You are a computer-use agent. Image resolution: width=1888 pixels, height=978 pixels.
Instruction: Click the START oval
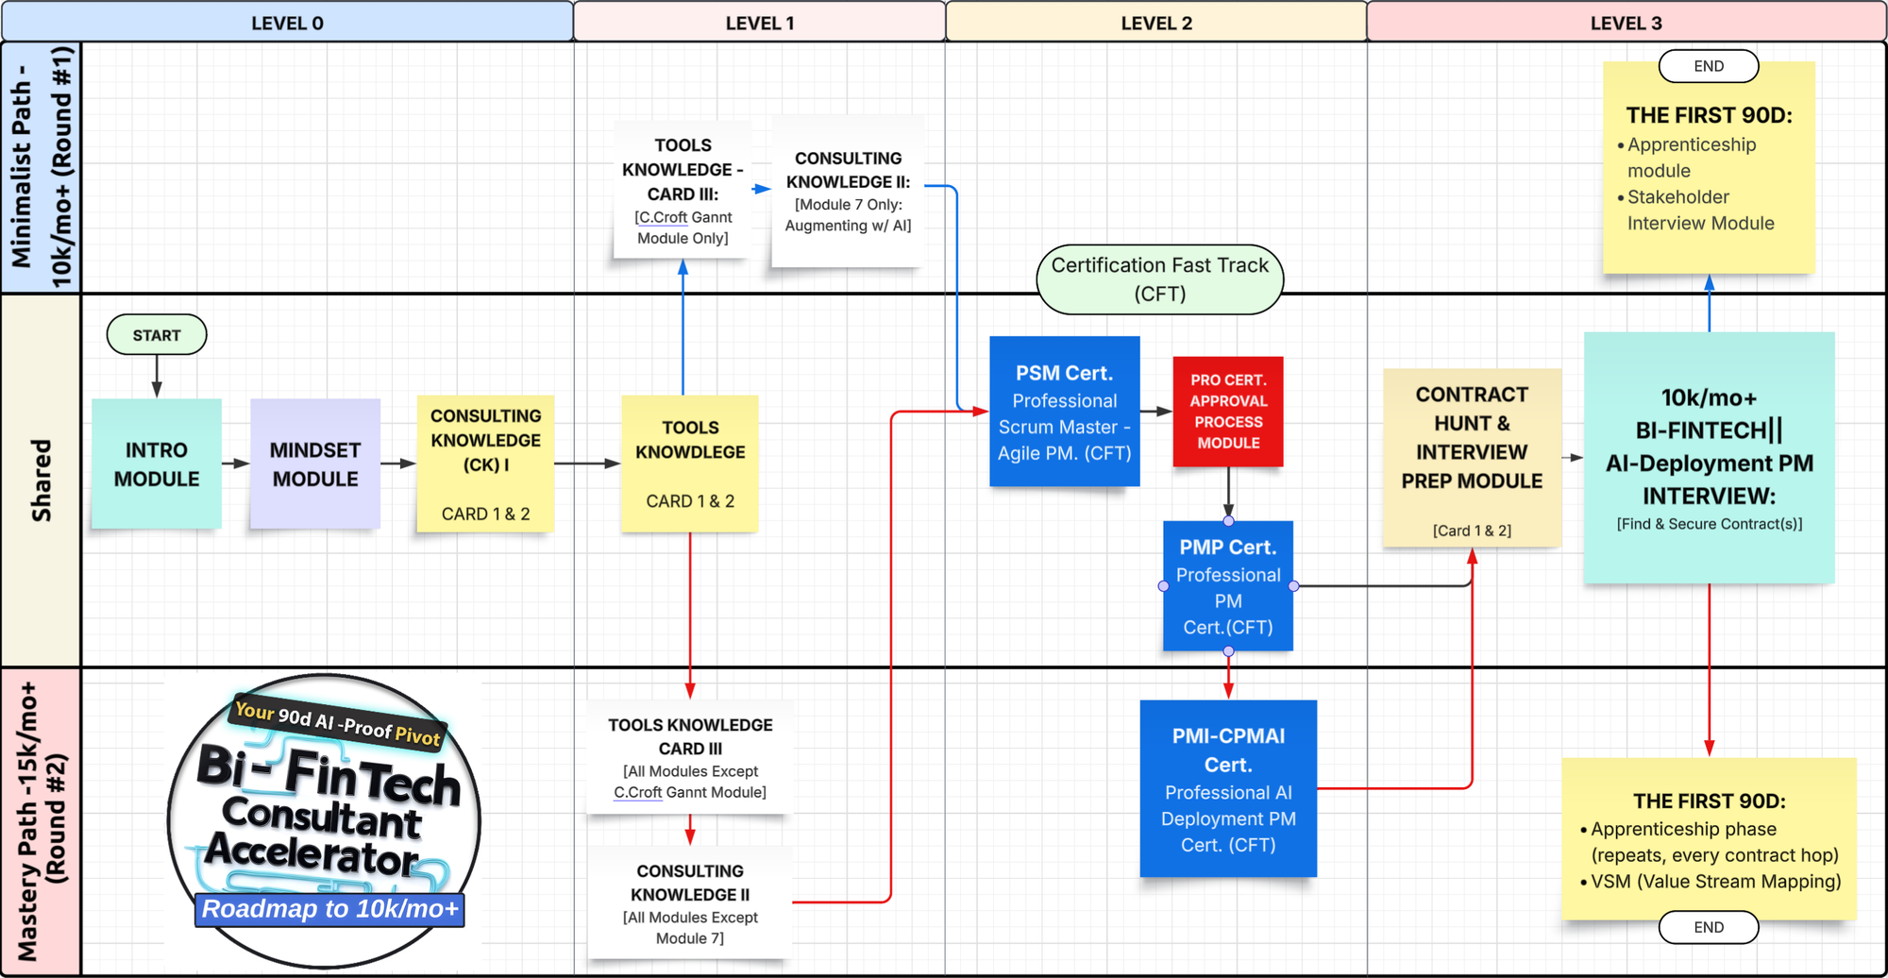(x=157, y=335)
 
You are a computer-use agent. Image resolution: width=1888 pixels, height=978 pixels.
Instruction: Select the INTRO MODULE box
(x=157, y=464)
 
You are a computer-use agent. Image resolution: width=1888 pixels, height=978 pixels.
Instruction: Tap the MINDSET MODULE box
(x=315, y=464)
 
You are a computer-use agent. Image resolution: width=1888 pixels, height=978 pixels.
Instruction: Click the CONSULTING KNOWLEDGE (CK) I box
(x=485, y=464)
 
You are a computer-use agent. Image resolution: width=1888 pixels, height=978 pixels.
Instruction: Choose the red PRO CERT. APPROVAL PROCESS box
(x=1228, y=411)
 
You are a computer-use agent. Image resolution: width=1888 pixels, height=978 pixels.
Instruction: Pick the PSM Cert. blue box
(x=1064, y=412)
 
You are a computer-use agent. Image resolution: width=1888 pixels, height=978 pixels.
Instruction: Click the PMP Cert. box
(x=1228, y=586)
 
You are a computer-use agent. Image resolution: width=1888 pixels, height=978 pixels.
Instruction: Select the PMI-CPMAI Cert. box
(x=1228, y=788)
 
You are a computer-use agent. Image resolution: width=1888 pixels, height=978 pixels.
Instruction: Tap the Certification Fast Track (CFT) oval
(x=1160, y=279)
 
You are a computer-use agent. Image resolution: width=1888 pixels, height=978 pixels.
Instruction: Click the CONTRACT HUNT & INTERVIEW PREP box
(x=1472, y=459)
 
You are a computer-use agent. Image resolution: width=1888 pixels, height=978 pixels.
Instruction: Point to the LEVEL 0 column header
(x=287, y=23)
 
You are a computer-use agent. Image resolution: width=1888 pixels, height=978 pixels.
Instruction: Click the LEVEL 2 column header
(x=1156, y=23)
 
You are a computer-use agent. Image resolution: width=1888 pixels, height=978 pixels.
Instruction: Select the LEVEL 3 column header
(x=1626, y=23)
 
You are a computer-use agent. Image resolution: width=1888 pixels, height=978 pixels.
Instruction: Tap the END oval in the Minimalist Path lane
(x=1709, y=66)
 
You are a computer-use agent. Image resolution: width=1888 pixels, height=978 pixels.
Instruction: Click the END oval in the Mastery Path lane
(x=1709, y=927)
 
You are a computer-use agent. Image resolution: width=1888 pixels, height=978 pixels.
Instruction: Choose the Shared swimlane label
(x=42, y=480)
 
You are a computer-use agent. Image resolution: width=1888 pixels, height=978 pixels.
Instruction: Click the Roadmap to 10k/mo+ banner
(x=329, y=909)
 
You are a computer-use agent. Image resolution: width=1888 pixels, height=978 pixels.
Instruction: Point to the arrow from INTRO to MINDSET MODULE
(x=235, y=464)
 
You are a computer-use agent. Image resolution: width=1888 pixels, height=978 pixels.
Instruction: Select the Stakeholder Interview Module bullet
(x=1699, y=211)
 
